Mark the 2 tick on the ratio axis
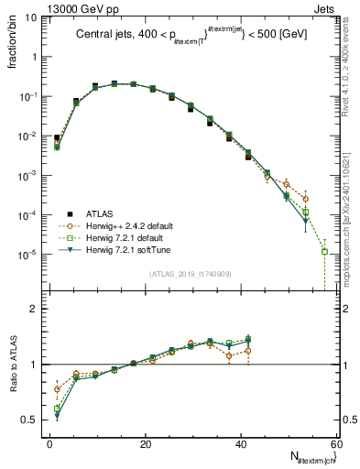point(37,309)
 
